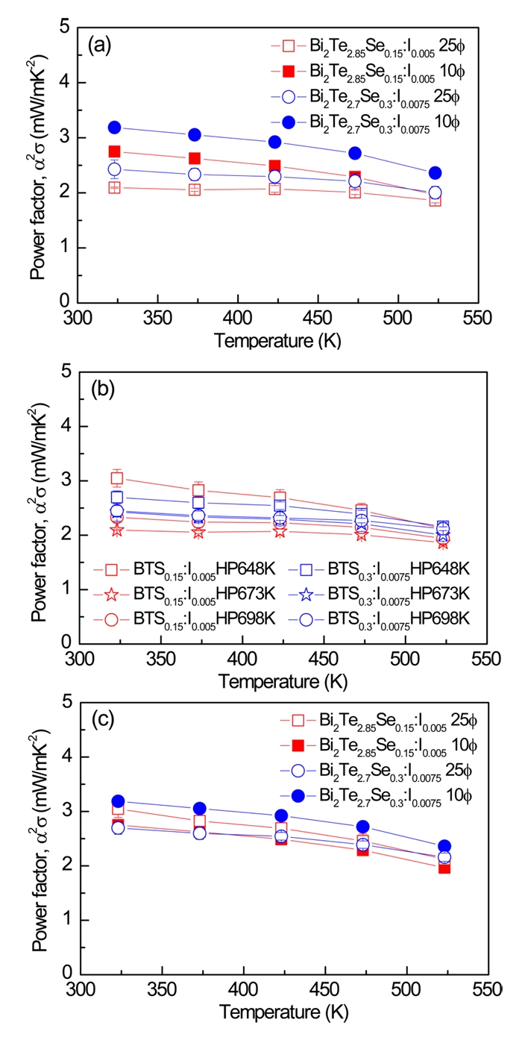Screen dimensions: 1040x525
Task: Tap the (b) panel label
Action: point(101,389)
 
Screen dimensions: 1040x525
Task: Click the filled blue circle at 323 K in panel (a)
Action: point(114,128)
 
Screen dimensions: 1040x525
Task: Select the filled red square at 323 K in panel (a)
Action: point(114,151)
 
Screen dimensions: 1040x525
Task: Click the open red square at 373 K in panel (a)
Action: point(195,189)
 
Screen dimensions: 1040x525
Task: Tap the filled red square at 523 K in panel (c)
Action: point(444,868)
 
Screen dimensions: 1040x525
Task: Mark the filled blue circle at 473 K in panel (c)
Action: point(362,827)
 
